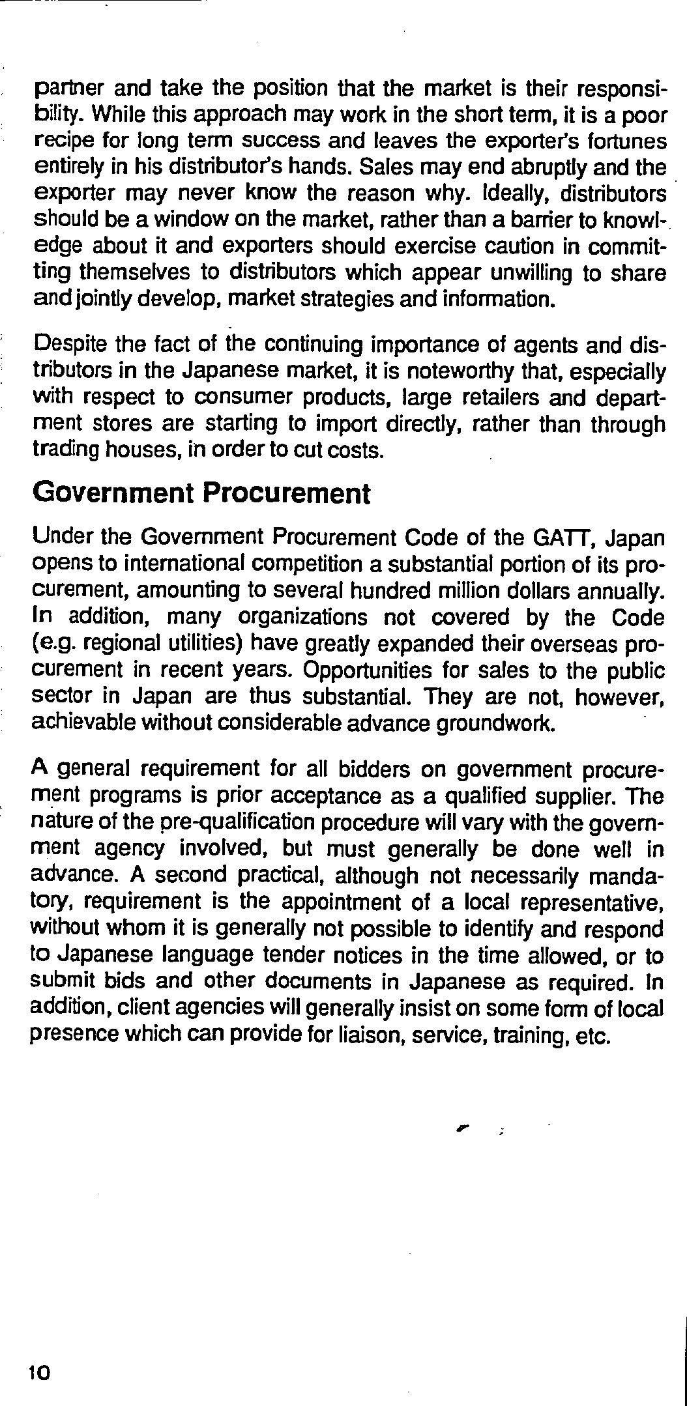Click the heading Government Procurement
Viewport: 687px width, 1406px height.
(201, 493)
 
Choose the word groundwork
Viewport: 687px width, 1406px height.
(498, 723)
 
